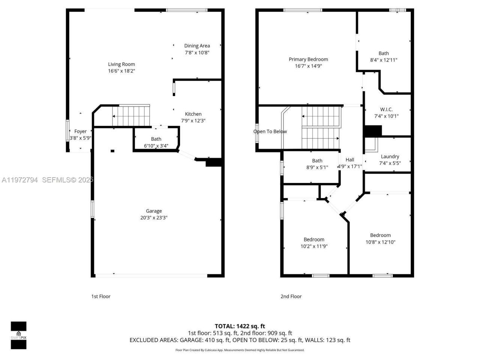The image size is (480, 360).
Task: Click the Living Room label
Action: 121,64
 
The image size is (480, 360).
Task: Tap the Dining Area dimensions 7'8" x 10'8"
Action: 197,53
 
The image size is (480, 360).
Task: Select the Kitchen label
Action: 193,114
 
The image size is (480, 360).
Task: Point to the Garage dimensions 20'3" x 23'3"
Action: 154,218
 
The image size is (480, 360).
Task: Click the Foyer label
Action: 80,131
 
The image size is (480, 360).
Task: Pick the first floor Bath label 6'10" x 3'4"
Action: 156,139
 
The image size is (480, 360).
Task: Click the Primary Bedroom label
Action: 308,59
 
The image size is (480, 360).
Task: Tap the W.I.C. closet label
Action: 386,109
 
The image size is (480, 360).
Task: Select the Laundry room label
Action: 390,156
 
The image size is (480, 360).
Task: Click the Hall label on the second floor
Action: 350,160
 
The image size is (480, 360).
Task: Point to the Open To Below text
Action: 270,131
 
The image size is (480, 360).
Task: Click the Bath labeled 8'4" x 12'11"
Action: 384,53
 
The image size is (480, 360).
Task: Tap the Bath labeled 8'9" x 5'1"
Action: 317,161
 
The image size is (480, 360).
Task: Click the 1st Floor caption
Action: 101,296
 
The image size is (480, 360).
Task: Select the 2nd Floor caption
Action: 291,296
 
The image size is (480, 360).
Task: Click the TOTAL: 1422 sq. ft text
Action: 240,326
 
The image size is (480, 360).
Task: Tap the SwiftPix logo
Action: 18,335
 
